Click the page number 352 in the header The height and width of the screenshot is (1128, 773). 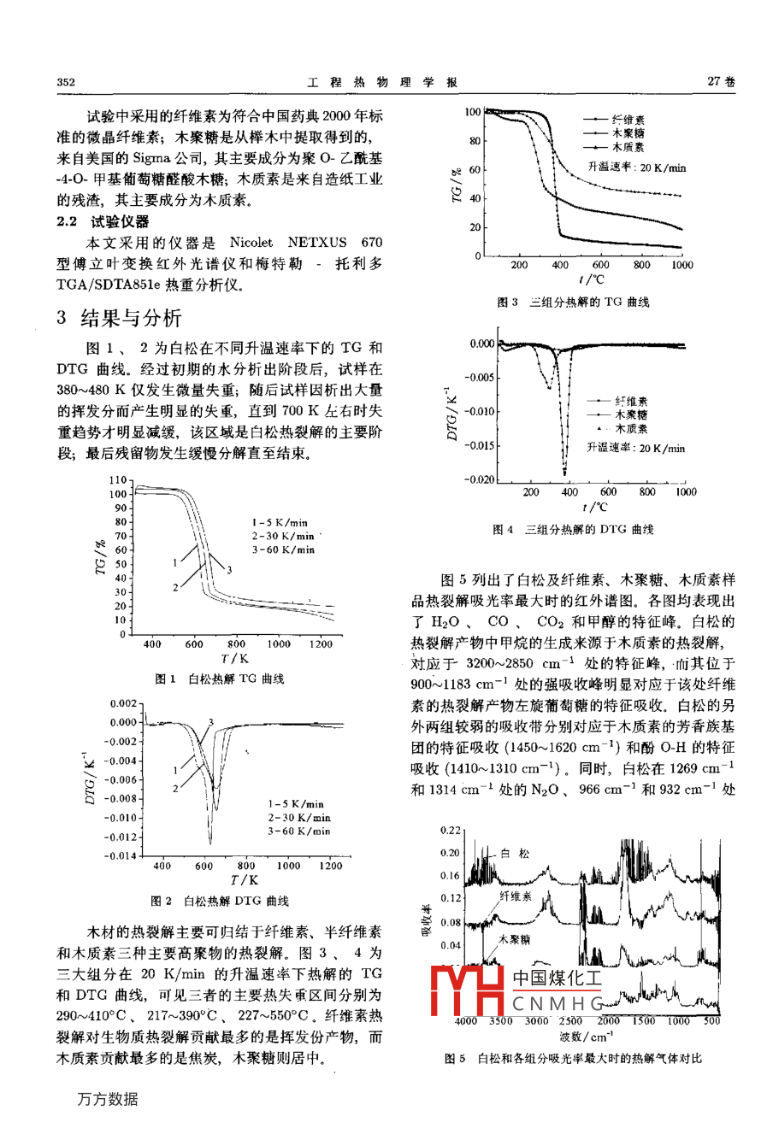66,82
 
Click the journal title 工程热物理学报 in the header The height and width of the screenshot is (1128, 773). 382,82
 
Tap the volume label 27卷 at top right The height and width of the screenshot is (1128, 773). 721,82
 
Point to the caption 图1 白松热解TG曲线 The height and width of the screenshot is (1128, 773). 219,679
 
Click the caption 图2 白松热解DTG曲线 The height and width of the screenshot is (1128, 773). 220,901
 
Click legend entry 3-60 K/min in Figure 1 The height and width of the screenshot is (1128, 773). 283,550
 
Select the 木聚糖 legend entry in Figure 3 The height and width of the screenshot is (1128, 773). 628,134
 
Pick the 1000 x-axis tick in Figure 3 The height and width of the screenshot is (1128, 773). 682,265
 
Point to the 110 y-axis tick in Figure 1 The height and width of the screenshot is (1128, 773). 118,480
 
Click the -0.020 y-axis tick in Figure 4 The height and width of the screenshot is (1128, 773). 480,479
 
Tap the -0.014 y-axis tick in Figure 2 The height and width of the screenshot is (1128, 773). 120,855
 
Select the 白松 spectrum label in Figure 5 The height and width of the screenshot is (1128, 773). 515,854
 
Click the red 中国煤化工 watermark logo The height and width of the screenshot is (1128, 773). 516,991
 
